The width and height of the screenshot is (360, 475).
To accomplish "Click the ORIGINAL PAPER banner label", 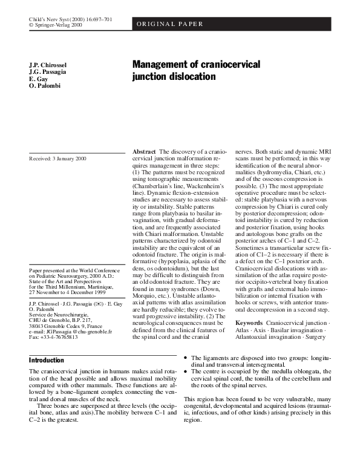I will [169, 24].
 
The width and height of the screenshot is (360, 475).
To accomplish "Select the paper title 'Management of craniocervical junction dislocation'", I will [196, 70].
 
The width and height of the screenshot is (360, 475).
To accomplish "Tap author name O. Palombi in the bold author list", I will [45, 86].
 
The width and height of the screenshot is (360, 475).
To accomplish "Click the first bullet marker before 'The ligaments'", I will [186, 359].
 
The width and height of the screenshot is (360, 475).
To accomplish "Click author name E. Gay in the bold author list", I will [39, 79].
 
